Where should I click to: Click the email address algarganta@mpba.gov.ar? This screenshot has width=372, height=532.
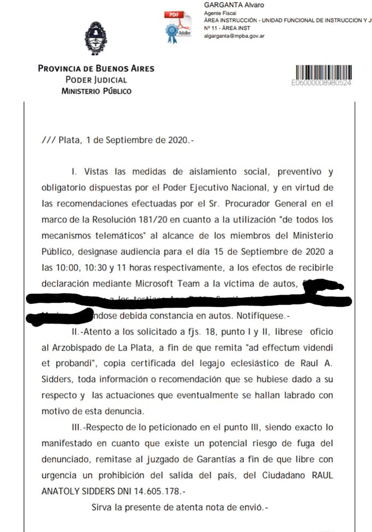234,36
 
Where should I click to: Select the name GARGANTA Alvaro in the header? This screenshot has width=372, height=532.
234,5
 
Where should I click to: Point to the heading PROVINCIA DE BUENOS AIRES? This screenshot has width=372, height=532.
96,69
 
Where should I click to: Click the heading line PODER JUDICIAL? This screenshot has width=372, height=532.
96,80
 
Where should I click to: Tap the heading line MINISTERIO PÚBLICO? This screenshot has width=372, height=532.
96,91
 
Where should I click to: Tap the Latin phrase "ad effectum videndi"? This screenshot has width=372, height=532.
291,347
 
